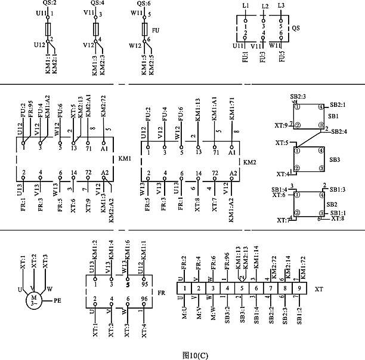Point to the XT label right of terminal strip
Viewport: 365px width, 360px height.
(319, 289)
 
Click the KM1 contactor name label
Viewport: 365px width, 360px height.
(125, 159)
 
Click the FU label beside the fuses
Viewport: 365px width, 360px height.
(156, 29)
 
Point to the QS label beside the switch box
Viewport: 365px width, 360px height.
(295, 28)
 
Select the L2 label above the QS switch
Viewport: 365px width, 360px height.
(265, 7)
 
